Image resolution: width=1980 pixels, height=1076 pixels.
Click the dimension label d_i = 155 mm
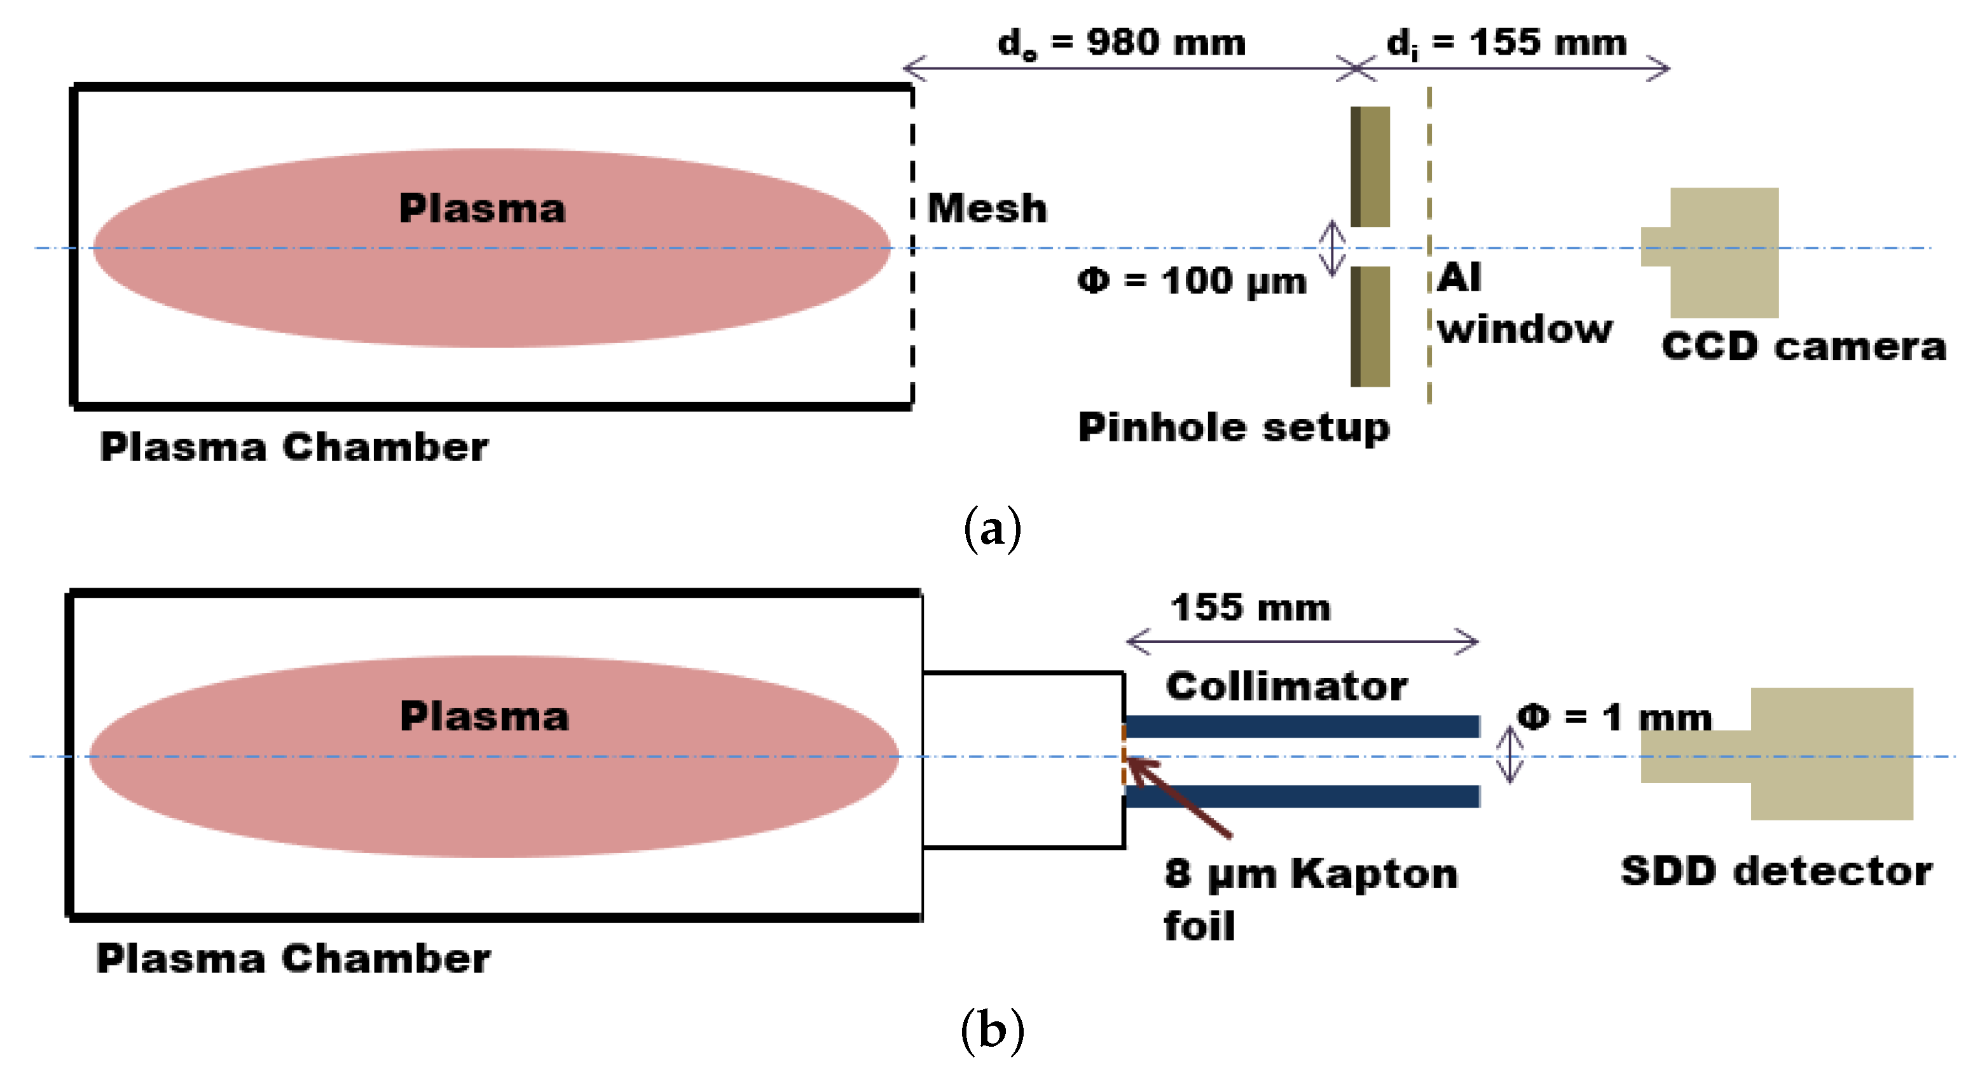pyautogui.click(x=1506, y=43)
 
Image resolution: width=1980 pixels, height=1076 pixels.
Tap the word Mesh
pyautogui.click(x=987, y=209)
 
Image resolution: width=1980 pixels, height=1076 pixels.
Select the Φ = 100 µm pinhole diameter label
pyautogui.click(x=1192, y=281)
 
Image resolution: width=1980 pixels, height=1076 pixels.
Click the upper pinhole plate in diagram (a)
pyautogui.click(x=1370, y=167)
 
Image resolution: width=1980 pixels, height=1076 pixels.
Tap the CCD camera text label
pyautogui.click(x=1803, y=347)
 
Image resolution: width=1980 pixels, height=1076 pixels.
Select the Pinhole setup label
pyautogui.click(x=1234, y=427)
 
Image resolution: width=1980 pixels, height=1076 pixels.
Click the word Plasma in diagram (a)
pyautogui.click(x=482, y=209)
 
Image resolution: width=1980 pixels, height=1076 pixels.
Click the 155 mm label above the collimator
pyautogui.click(x=1250, y=609)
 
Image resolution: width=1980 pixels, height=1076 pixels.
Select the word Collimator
pyautogui.click(x=1286, y=686)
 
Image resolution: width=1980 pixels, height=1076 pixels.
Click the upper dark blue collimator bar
pyautogui.click(x=1302, y=726)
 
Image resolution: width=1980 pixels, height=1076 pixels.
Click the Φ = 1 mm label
pyautogui.click(x=1614, y=718)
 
